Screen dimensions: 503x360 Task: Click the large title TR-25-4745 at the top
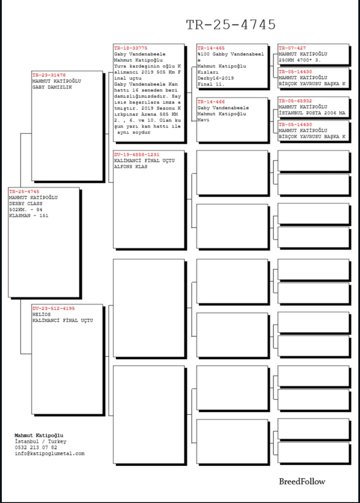pyautogui.click(x=231, y=25)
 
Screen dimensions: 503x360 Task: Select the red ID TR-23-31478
pyautogui.click(x=49, y=75)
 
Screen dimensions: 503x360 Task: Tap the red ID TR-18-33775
pyautogui.click(x=131, y=48)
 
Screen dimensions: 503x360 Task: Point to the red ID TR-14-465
pyautogui.click(x=211, y=48)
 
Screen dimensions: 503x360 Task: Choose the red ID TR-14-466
pyautogui.click(x=211, y=102)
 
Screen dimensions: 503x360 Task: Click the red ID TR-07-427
pyautogui.click(x=292, y=48)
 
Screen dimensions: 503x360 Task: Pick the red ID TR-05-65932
pyautogui.click(x=295, y=101)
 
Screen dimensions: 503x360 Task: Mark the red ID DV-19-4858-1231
pyautogui.click(x=136, y=154)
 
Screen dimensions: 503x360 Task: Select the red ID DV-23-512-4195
pyautogui.click(x=53, y=308)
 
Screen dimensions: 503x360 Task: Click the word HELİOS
pyautogui.click(x=42, y=314)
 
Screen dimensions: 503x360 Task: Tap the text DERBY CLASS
pyautogui.click(x=26, y=203)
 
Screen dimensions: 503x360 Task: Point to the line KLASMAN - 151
pyautogui.click(x=29, y=216)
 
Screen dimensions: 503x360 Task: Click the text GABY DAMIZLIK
pyautogui.click(x=52, y=87)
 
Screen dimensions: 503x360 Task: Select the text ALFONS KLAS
pyautogui.click(x=131, y=167)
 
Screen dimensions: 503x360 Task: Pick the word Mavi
pyautogui.click(x=203, y=120)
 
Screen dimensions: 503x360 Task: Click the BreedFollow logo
pyautogui.click(x=302, y=482)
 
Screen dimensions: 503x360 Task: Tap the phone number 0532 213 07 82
pyautogui.click(x=36, y=447)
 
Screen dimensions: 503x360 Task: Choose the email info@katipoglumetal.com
pyautogui.click(x=49, y=453)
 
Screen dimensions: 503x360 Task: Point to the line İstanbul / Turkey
pyautogui.click(x=40, y=442)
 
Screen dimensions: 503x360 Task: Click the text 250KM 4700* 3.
pyautogui.click(x=300, y=60)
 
